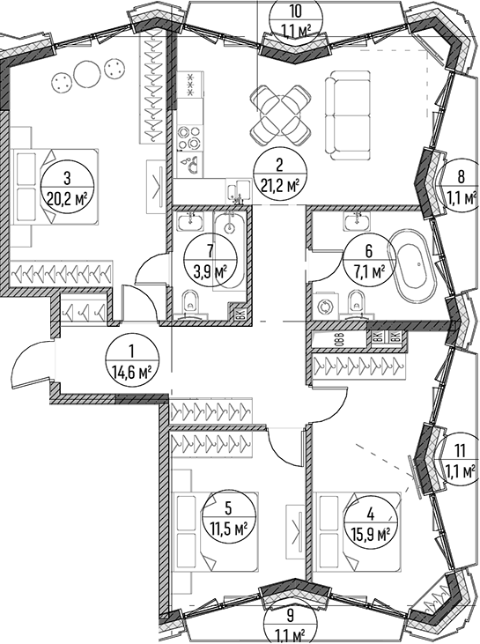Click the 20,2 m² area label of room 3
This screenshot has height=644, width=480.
coord(67,201)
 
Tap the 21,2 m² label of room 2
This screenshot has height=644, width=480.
coord(279,186)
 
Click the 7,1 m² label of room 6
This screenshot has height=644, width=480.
coord(368,270)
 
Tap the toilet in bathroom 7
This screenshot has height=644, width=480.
coord(190,303)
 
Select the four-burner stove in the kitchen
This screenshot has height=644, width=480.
coord(190,137)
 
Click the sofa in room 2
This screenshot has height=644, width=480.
coord(349,115)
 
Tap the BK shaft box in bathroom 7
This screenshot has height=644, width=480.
coord(239,314)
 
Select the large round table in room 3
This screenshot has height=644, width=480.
coord(87,73)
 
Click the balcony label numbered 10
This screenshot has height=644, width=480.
coord(296,11)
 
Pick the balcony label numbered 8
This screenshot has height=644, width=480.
coord(461,176)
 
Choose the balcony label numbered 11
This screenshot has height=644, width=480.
coord(461,451)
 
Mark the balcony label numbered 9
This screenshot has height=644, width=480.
coord(290,615)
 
